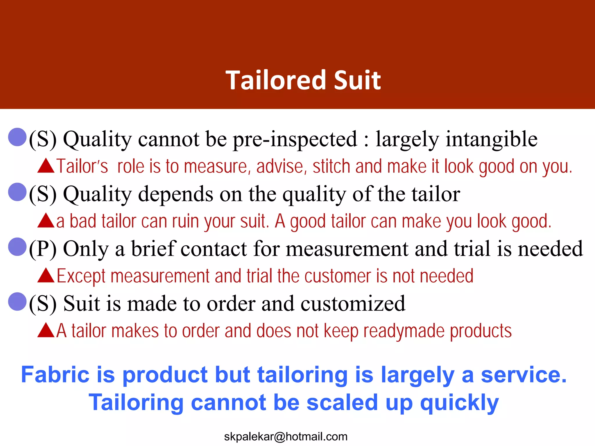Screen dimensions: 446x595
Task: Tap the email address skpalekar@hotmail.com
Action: pyautogui.click(x=286, y=436)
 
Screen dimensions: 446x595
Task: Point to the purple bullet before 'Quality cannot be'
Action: pyautogui.click(x=17, y=137)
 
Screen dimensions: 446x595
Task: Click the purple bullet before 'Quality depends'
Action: pyautogui.click(x=17, y=192)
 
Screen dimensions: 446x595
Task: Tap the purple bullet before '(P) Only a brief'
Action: pyautogui.click(x=17, y=247)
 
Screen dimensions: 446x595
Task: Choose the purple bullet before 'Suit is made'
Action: pyautogui.click(x=17, y=301)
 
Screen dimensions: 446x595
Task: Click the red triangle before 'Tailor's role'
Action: pyautogui.click(x=46, y=166)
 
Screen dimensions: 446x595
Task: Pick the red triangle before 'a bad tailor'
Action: pyautogui.click(x=46, y=221)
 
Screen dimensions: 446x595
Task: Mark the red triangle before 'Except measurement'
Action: pyautogui.click(x=46, y=276)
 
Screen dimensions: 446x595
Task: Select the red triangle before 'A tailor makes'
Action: pyautogui.click(x=46, y=330)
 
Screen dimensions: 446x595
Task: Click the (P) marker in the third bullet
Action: pyautogui.click(x=43, y=249)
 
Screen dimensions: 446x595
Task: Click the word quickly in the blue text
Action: pyautogui.click(x=459, y=403)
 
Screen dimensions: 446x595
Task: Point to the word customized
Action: pyautogui.click(x=353, y=304)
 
